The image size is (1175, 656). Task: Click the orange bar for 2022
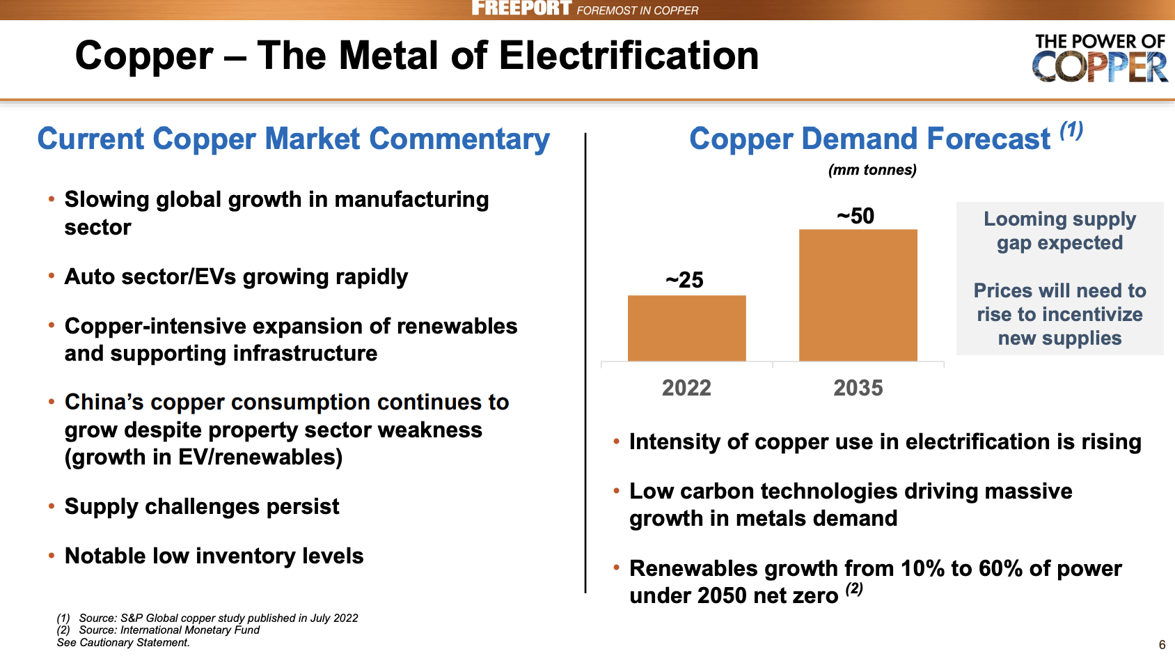686,328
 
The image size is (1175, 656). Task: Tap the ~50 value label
855,216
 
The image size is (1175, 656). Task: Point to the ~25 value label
684,280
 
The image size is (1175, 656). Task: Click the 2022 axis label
686,388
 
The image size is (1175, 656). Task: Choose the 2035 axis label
858,388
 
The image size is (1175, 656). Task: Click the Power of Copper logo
1099,58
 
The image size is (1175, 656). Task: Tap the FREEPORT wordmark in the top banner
521,8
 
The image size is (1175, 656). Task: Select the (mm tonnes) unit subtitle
872,170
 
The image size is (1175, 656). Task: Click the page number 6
1162,645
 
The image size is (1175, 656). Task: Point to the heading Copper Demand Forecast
869,139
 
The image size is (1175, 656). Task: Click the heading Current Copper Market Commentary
293,139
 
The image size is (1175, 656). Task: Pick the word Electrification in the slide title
629,56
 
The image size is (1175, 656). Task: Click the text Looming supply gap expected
1059,231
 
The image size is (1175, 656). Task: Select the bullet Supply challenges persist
202,506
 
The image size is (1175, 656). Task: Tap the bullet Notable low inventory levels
214,556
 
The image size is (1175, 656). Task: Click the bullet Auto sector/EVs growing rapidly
236,276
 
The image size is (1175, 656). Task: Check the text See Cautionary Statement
123,643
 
